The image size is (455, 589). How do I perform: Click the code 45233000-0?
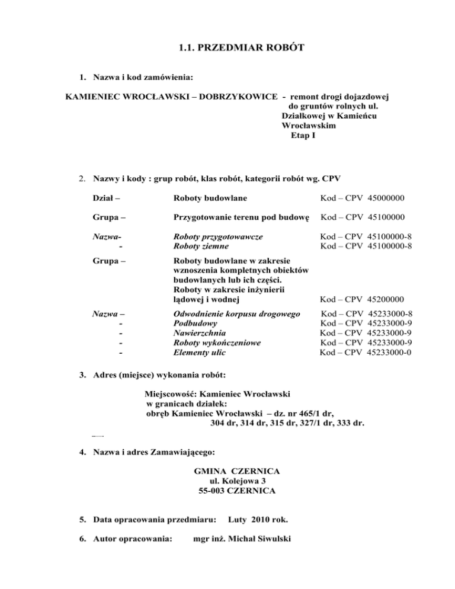(390, 353)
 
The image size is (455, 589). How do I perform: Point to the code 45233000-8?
(390, 313)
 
